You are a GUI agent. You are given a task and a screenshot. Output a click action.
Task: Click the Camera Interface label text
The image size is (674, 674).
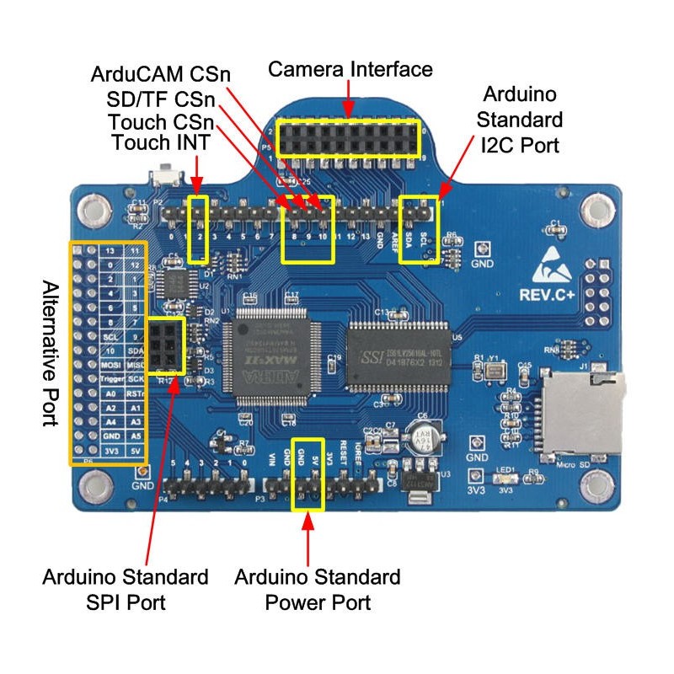350,69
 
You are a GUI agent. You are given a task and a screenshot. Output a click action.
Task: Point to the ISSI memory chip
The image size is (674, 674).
401,354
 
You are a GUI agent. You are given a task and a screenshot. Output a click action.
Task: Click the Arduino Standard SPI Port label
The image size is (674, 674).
126,590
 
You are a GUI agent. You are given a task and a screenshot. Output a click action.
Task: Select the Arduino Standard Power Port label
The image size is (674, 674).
318,590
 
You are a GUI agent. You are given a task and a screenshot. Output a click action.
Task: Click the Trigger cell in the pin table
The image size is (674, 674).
111,379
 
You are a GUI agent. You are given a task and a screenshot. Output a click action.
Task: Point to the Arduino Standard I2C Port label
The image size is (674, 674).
521,117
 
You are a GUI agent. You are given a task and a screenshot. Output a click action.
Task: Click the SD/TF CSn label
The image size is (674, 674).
160,98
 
